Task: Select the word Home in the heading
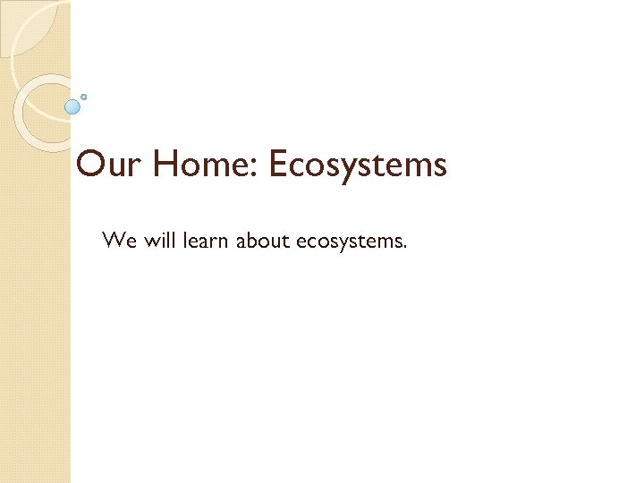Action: tap(205, 165)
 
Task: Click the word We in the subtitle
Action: tap(116, 240)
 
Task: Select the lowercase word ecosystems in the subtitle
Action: tap(347, 241)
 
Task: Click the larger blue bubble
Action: tap(72, 106)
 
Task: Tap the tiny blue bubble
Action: tap(84, 96)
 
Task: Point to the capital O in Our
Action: tap(91, 165)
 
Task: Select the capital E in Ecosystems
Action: tap(279, 165)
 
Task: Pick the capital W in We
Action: tap(112, 240)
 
